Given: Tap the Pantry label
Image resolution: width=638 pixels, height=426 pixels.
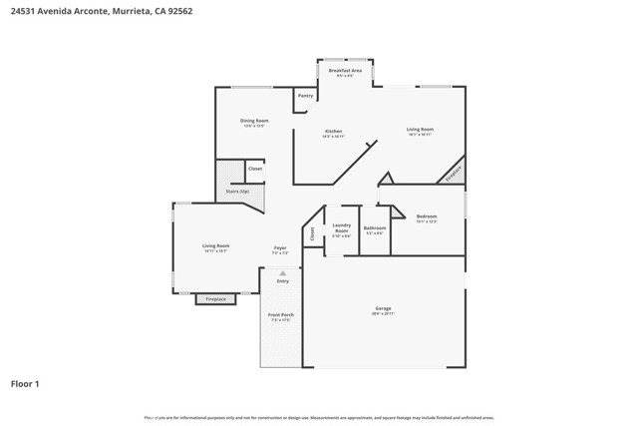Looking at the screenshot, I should (305, 96).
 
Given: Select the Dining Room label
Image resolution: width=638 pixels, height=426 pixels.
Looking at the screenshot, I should (254, 122).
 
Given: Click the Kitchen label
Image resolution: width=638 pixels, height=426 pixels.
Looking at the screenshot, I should (334, 132).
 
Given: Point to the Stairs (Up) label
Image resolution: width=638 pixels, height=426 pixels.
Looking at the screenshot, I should (237, 191).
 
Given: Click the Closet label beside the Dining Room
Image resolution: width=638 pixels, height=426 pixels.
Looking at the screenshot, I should (255, 169).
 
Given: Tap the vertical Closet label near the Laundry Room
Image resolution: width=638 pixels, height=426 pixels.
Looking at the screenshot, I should (311, 233).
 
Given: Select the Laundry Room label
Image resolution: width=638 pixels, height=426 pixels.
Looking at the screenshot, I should (341, 227).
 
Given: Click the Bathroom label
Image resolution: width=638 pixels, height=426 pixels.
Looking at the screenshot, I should (375, 228).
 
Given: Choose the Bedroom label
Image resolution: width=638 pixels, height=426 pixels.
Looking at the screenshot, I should (427, 216).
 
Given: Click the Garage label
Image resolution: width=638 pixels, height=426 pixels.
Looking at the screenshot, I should (383, 309).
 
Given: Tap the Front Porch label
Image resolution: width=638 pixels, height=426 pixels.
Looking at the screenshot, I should (281, 315).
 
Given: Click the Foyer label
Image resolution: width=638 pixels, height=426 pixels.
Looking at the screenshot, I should (281, 247).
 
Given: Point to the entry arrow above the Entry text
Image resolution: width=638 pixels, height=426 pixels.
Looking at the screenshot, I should (283, 272).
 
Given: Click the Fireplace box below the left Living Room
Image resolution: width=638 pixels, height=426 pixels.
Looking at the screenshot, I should (215, 299).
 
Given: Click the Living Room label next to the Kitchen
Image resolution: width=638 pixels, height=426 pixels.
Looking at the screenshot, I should (420, 130).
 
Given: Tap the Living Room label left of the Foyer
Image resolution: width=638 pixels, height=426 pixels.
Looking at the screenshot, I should (216, 246).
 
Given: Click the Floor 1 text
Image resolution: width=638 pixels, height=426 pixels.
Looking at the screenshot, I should (25, 383).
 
